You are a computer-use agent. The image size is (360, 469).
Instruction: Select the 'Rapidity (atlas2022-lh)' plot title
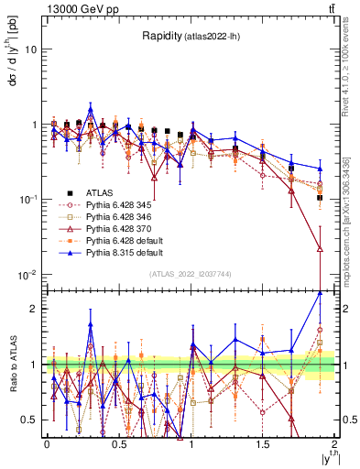(x=191, y=37)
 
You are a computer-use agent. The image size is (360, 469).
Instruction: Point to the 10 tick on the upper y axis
(x=30, y=49)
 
